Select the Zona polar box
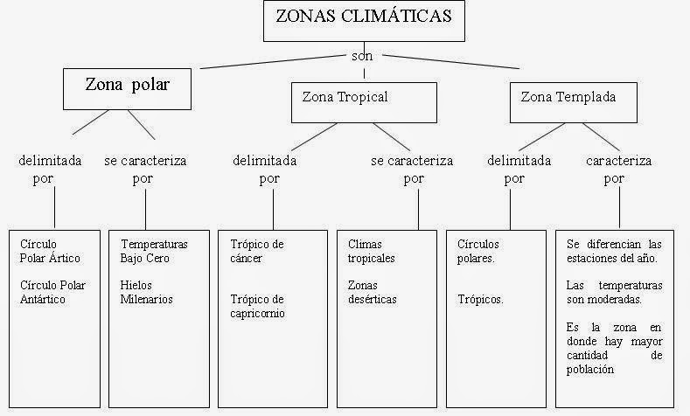[x=127, y=87]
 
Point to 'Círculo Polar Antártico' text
[x=54, y=293]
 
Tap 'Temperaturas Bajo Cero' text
[x=153, y=251]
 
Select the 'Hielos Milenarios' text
[x=147, y=293]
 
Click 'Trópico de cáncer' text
[x=257, y=251]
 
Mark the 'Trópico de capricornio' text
[x=257, y=307]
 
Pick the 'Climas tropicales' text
[x=372, y=251]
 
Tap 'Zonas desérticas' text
[x=373, y=293]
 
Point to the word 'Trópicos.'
[x=480, y=300]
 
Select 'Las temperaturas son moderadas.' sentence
[x=614, y=292]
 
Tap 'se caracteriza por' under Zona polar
[x=145, y=169]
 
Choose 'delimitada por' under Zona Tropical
[x=264, y=169]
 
